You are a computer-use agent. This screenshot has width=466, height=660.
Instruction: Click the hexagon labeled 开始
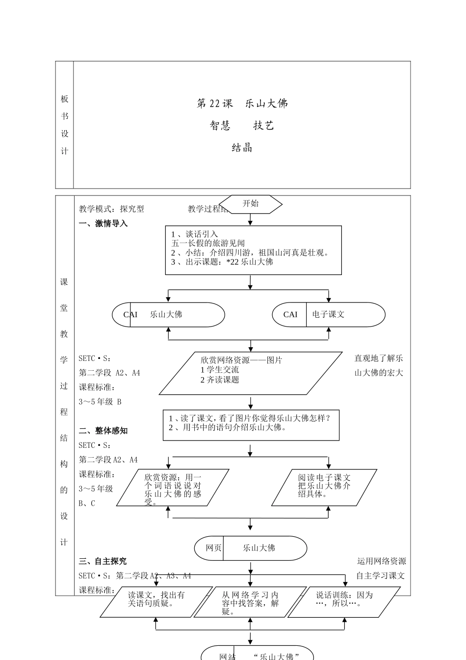pyautogui.click(x=250, y=204)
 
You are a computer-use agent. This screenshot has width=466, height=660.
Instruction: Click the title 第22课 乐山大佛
pyautogui.click(x=242, y=104)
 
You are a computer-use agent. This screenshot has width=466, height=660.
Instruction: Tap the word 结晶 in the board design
pyautogui.click(x=242, y=147)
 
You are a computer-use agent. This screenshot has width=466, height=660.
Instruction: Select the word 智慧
pyautogui.click(x=220, y=126)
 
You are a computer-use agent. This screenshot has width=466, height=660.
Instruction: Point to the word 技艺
pyautogui.click(x=263, y=126)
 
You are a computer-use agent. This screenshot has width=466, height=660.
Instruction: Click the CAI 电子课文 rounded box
pyautogui.click(x=328, y=314)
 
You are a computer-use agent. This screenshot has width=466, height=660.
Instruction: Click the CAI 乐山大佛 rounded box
pyautogui.click(x=168, y=314)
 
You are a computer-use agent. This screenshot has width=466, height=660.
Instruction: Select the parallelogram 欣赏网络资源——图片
pyautogui.click(x=250, y=373)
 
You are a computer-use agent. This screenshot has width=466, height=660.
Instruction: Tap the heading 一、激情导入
pyautogui.click(x=103, y=223)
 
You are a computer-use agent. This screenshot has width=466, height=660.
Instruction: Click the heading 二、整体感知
pyautogui.click(x=103, y=431)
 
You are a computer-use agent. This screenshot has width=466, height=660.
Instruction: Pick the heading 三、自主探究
pyautogui.click(x=103, y=561)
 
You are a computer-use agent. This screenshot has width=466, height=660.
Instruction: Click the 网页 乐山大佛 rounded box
pyautogui.click(x=250, y=548)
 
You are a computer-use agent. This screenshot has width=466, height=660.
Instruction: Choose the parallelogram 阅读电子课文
pyautogui.click(x=324, y=487)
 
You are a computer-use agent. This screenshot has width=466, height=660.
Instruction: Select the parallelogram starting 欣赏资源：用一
pyautogui.click(x=173, y=488)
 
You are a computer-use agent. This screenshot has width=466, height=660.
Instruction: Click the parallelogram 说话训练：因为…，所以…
pyautogui.click(x=344, y=602)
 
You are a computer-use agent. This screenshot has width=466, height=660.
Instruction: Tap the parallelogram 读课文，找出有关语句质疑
pyautogui.click(x=156, y=602)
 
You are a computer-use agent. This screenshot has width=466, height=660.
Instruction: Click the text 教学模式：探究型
pyautogui.click(x=111, y=209)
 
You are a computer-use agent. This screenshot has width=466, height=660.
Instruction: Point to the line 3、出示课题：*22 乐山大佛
pyautogui.click(x=222, y=262)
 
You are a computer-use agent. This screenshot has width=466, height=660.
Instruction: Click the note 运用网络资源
pyautogui.click(x=381, y=561)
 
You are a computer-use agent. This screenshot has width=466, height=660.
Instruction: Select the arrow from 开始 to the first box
pyautogui.click(x=250, y=220)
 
